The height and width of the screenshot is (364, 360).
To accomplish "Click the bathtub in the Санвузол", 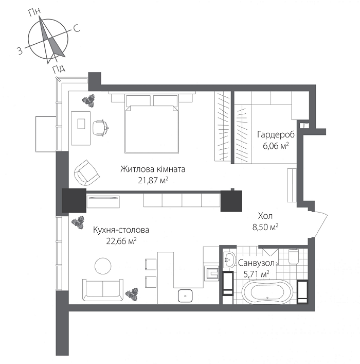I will point(267,292).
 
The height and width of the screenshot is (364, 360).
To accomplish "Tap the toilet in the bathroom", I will point(294,256).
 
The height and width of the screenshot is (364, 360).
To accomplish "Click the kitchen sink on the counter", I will point(186,296).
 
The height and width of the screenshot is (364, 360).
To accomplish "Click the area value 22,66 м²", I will point(121,240).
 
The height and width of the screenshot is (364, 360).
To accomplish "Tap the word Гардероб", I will point(276,135).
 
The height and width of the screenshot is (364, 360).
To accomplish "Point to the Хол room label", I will point(265,216).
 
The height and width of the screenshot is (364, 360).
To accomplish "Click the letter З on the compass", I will point(19,50).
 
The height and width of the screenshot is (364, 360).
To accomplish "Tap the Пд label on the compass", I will point(57,70).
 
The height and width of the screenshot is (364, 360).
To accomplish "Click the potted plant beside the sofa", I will point(133,293).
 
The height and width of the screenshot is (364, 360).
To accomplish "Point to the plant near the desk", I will point(88,99).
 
